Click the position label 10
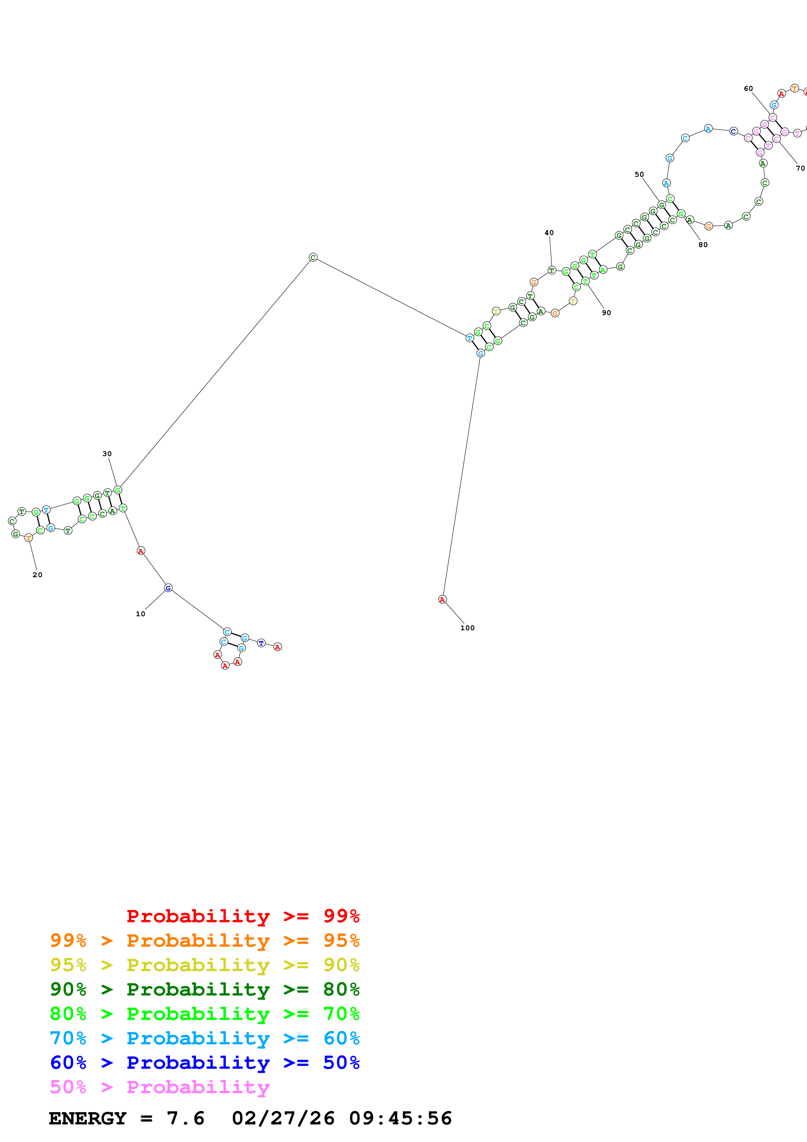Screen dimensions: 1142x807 [140, 614]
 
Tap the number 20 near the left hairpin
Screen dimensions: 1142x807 [37, 575]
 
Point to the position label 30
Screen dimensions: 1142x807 [107, 453]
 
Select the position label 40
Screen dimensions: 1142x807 [549, 233]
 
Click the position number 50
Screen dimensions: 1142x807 [639, 174]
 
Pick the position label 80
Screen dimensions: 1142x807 [703, 245]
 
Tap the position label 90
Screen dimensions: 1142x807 [606, 313]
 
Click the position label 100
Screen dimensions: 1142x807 [467, 628]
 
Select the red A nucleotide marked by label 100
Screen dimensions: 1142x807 [442, 599]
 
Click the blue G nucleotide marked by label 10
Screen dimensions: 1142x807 [168, 588]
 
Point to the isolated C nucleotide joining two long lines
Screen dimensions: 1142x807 [313, 257]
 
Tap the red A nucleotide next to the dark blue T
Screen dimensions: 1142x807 [277, 647]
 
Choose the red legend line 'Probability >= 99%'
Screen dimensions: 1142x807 [243, 916]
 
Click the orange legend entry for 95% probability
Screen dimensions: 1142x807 [204, 940]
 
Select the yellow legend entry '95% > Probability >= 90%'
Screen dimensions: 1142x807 [204, 965]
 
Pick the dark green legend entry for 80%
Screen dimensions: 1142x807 [204, 989]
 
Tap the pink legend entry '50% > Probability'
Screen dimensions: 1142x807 [159, 1087]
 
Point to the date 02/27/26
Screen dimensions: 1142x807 [283, 1118]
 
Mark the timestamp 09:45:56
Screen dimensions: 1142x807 [400, 1118]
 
